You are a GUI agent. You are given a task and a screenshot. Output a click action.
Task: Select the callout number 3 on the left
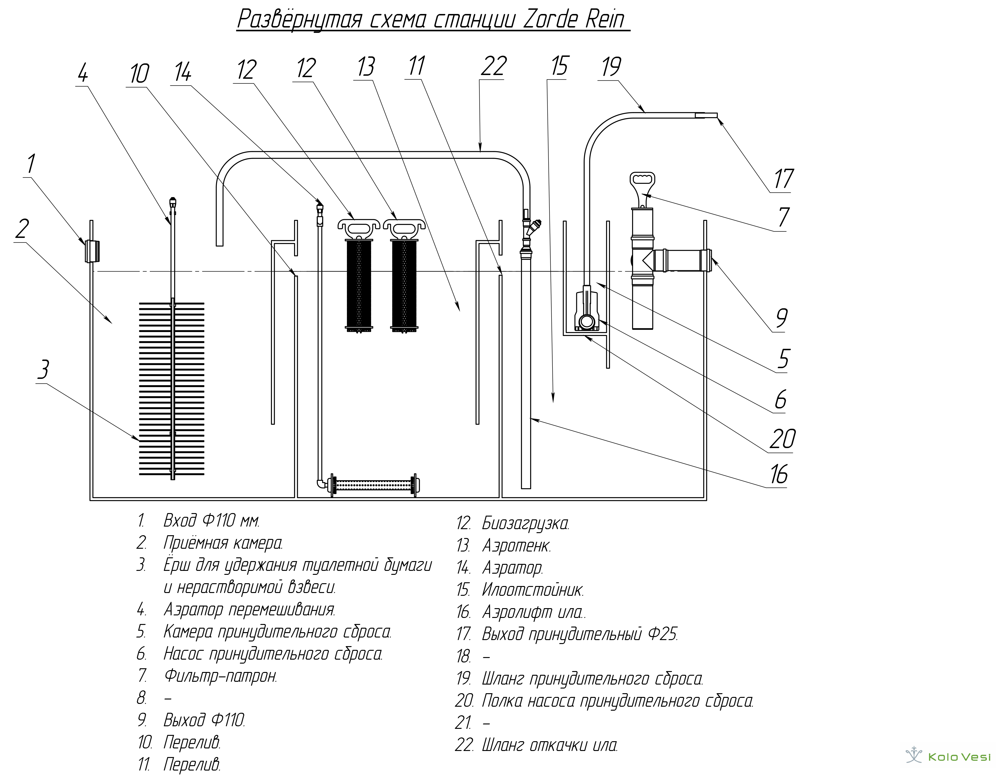pyautogui.click(x=43, y=370)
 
